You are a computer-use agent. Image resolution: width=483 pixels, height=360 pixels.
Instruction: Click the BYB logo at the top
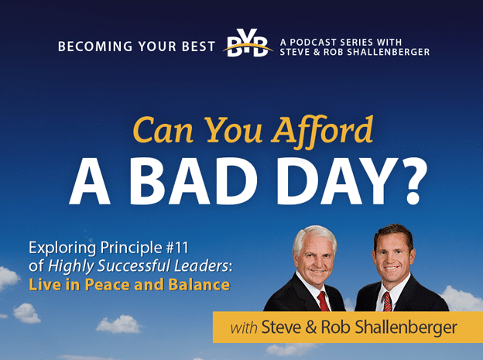coord(248,43)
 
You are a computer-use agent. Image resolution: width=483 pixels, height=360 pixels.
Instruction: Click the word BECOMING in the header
coord(95,46)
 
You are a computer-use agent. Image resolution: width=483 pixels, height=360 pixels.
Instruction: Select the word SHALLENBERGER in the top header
coord(388,52)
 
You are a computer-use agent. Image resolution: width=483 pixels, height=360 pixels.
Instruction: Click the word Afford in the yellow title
coord(322,131)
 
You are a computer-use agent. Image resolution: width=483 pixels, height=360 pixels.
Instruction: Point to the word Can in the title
coord(163,130)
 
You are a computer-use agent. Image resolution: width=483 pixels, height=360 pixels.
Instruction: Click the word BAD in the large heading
coord(194,181)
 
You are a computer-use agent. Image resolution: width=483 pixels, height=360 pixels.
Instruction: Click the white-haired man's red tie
coord(323,301)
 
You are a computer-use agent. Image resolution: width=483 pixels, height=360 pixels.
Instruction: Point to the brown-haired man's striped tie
coord(386,301)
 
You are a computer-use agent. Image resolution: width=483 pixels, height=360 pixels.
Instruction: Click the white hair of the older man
coord(314,236)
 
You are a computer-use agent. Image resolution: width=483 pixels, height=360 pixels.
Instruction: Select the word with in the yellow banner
coord(244,327)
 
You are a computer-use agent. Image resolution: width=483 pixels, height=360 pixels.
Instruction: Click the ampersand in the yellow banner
coord(311,327)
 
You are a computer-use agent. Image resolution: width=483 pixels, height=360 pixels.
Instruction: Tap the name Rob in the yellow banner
coord(335,327)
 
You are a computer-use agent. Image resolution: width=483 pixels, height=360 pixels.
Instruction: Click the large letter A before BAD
coord(90,181)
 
